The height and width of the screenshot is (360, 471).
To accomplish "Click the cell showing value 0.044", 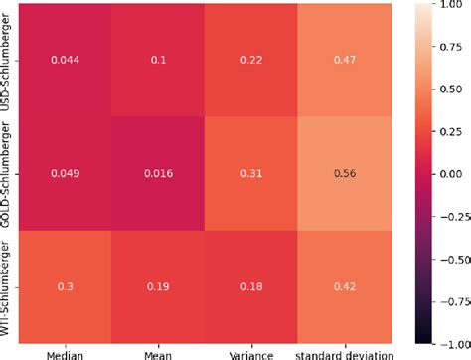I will pos(65,60).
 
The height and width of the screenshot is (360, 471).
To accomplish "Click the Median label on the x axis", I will pos(65,352).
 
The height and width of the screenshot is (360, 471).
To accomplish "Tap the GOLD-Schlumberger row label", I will pos(9,173).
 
